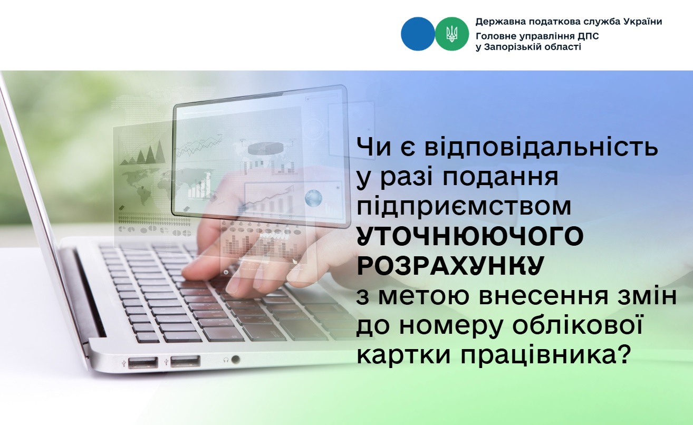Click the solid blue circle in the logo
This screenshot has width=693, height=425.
coord(418,34)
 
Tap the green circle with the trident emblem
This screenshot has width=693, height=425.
coord(452,34)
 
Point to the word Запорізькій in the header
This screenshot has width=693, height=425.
coord(516,47)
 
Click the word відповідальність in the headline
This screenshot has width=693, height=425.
coord(541,148)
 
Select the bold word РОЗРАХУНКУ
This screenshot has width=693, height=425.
coord(450,265)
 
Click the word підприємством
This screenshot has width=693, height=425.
coord(464,208)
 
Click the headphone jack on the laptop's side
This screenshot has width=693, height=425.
coord(236,360)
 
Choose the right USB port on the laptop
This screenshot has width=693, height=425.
coord(185,361)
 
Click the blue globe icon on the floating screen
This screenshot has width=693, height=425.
coord(313,198)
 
